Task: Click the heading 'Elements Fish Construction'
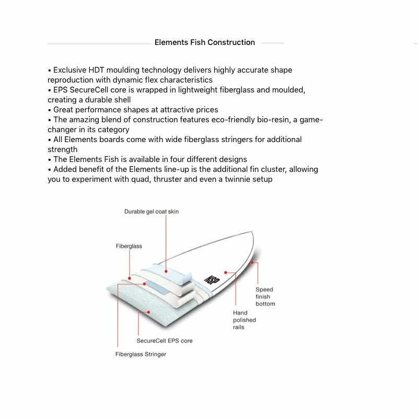point(205,42)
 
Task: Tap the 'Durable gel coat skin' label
point(151,212)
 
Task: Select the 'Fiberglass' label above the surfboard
point(129,246)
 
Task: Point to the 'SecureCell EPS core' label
point(164,341)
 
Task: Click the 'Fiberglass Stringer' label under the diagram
point(141,354)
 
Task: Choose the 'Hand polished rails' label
point(245,320)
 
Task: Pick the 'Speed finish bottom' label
point(265,296)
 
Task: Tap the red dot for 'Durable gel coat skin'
point(166,271)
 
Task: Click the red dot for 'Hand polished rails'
point(226,272)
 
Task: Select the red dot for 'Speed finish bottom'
point(252,263)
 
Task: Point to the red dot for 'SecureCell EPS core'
point(149,312)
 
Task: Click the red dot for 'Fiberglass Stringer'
point(145,284)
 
